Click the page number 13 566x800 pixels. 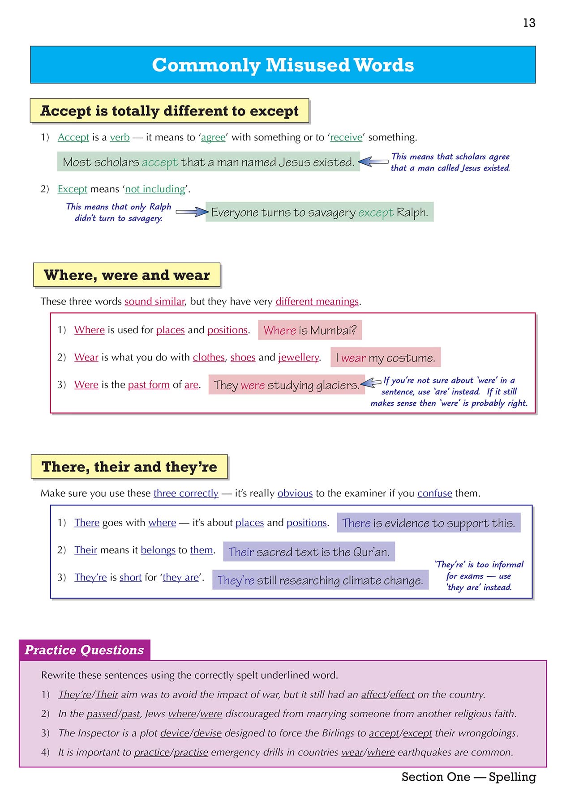(x=529, y=23)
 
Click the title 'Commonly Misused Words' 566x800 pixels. (x=283, y=65)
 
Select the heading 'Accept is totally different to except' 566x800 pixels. (x=169, y=111)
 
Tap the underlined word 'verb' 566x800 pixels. (x=120, y=137)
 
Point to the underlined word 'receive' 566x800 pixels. (x=346, y=137)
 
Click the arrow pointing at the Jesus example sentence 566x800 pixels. (x=373, y=162)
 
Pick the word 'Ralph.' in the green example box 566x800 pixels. (x=412, y=213)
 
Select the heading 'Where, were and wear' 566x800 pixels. (x=127, y=275)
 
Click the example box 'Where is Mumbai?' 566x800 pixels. (x=310, y=330)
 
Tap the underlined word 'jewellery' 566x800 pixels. (x=299, y=357)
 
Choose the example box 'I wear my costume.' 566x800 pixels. (x=385, y=358)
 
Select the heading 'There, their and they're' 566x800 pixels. (x=129, y=467)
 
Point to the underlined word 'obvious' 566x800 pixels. (x=295, y=493)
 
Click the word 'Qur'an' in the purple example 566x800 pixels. (x=371, y=552)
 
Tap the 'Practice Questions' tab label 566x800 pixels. (x=84, y=650)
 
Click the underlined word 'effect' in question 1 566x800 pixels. (x=402, y=694)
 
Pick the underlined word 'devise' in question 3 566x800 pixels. (x=207, y=733)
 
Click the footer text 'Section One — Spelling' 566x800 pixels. (x=468, y=777)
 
